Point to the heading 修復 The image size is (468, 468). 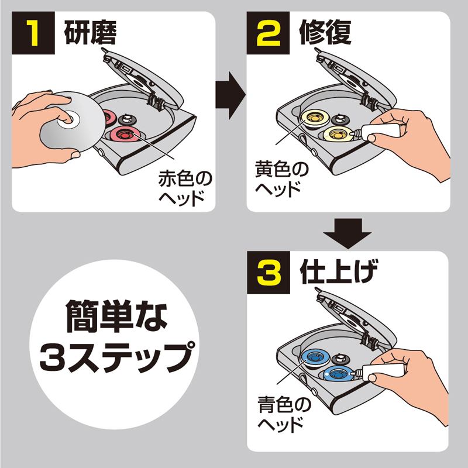coord(325,33)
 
